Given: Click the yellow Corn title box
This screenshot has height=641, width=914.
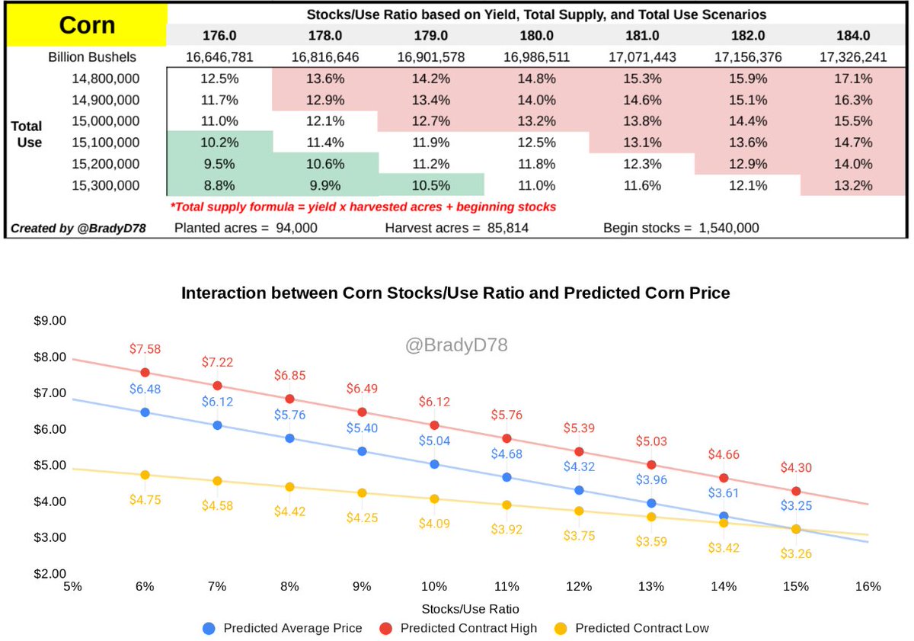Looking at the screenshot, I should tap(86, 25).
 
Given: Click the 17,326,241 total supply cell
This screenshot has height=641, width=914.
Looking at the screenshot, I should tap(853, 56).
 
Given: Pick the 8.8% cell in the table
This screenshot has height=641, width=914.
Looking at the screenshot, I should tap(219, 184).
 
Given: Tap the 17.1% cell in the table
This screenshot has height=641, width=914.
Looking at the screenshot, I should tap(853, 79).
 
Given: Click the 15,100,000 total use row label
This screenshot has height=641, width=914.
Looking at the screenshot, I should tap(107, 142).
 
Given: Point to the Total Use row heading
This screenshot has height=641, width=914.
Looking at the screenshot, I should tap(27, 133).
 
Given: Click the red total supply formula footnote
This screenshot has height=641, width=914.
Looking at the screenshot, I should tap(363, 207).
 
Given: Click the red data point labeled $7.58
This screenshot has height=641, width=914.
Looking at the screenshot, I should tap(145, 373).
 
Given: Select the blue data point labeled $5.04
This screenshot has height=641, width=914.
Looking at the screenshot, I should tap(434, 463).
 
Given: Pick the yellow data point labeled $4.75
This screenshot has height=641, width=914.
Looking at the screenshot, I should tap(145, 475).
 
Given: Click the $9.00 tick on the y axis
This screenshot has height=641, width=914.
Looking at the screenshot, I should tap(50, 321).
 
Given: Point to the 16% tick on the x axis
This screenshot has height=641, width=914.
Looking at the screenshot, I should tap(868, 586).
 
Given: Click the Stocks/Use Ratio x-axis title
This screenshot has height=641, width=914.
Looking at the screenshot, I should tap(471, 608).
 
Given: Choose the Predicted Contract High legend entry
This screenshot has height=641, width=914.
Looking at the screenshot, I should tap(459, 628).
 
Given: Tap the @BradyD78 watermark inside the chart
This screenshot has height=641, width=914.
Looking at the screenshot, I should tap(456, 345).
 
